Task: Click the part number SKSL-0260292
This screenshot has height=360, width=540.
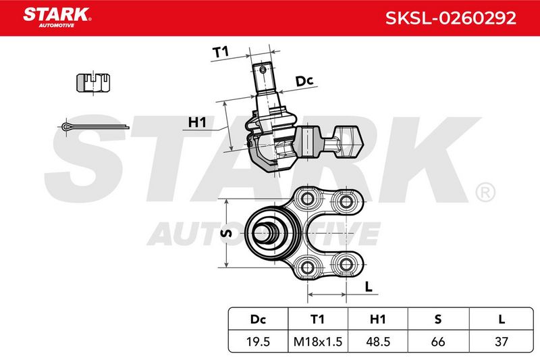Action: (x=450, y=18)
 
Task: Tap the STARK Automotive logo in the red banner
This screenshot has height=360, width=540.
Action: (x=57, y=18)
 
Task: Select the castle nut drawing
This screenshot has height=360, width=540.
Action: (x=93, y=82)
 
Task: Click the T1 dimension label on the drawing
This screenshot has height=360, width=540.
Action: (x=221, y=52)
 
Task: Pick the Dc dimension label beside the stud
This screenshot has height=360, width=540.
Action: (x=304, y=81)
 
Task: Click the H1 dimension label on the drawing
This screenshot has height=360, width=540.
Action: (x=197, y=122)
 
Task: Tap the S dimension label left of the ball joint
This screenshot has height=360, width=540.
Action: (x=226, y=233)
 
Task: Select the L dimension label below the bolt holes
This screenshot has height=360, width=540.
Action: (x=369, y=286)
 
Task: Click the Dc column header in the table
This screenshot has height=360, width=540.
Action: (x=258, y=319)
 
